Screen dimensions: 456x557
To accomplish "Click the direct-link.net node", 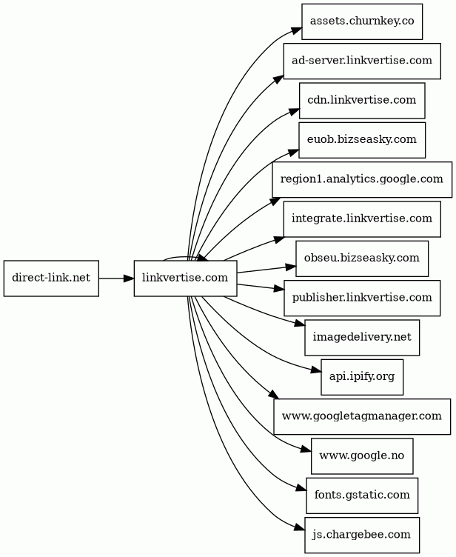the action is pyautogui.click(x=51, y=278).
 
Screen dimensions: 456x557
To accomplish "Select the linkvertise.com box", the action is pyautogui.click(x=185, y=278).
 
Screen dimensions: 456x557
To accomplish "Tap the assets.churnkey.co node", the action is pyautogui.click(x=362, y=21).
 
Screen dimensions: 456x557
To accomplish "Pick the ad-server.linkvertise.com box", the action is pyautogui.click(x=362, y=61).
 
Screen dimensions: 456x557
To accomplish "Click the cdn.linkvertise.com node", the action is pyautogui.click(x=362, y=101).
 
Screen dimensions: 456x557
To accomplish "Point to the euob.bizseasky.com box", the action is pyautogui.click(x=362, y=140).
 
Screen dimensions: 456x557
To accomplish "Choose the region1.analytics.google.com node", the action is pyautogui.click(x=362, y=179).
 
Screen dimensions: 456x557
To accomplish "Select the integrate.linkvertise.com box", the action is pyautogui.click(x=362, y=219).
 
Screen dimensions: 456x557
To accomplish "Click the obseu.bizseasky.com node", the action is pyautogui.click(x=362, y=259).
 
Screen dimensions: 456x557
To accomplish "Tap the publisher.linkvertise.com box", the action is pyautogui.click(x=362, y=298).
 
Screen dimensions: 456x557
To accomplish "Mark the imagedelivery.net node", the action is pyautogui.click(x=362, y=337).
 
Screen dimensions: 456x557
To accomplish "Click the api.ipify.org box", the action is pyautogui.click(x=362, y=376).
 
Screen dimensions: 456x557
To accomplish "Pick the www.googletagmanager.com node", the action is pyautogui.click(x=362, y=416).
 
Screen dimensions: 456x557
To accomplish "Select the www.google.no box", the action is pyautogui.click(x=362, y=456).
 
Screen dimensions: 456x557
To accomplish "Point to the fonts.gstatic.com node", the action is pyautogui.click(x=362, y=495).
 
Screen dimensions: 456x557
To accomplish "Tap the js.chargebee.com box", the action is pyautogui.click(x=362, y=534).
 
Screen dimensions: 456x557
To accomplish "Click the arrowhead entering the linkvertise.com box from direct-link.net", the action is pyautogui.click(x=129, y=278).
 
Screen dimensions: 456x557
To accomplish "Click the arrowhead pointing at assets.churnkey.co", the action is pyautogui.click(x=297, y=30).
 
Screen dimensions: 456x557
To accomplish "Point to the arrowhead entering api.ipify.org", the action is pyautogui.click(x=315, y=370).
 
